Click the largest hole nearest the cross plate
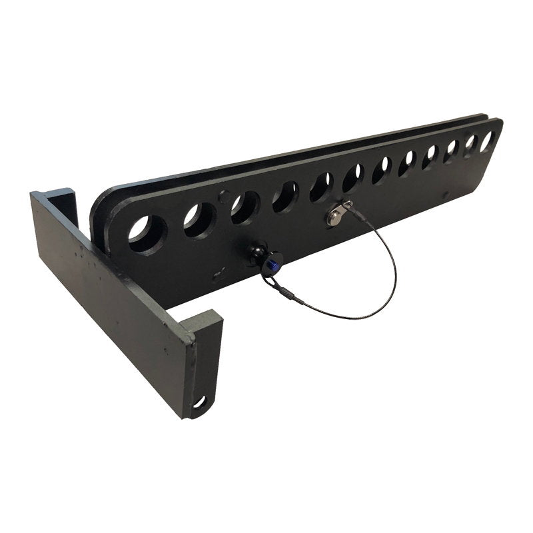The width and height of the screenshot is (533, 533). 147,234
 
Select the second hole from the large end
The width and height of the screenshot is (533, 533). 199,220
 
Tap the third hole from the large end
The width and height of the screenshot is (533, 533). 245,207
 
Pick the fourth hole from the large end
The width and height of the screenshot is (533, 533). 285,196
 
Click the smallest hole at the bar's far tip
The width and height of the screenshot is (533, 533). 487,140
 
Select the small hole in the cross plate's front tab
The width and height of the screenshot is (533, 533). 199,402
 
